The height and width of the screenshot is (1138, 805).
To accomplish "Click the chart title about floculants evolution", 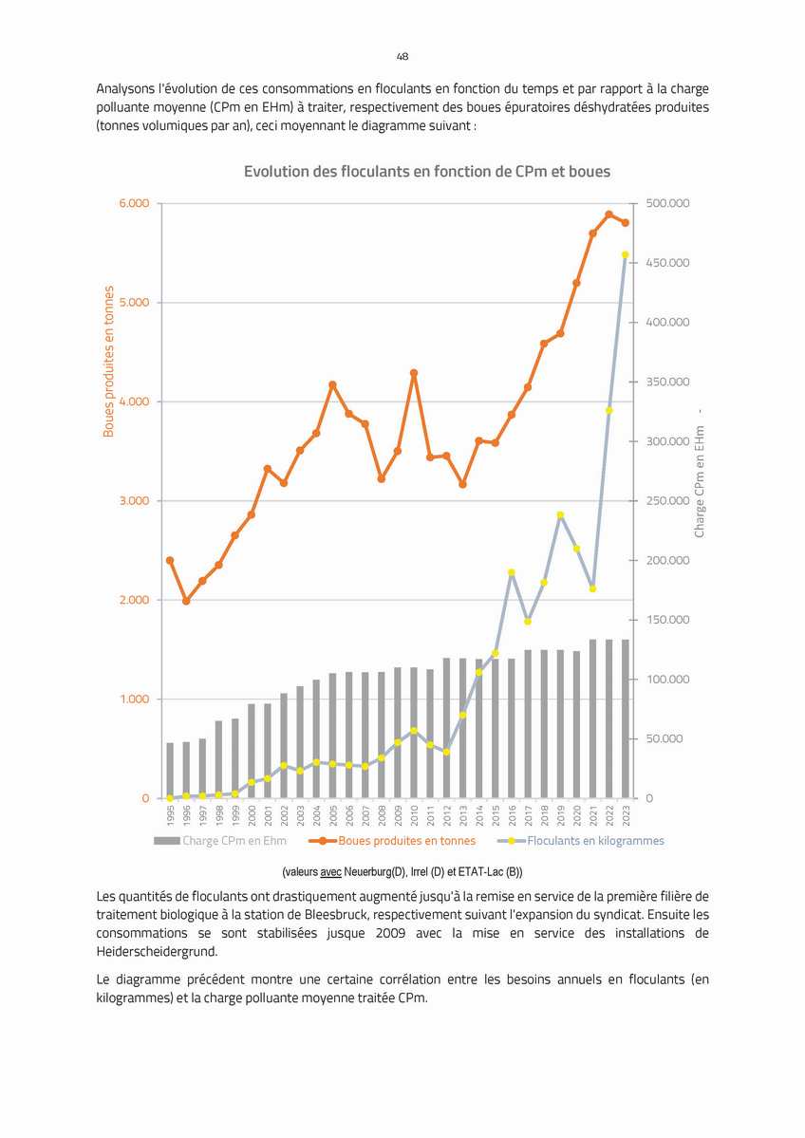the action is click(427, 172).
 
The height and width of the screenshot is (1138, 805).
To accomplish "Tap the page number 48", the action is click(402, 57).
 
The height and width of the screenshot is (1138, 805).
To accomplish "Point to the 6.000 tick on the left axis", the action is click(134, 203).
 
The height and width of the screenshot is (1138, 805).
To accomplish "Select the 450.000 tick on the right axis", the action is click(667, 263).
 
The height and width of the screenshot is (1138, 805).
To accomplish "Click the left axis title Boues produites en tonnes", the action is click(109, 362).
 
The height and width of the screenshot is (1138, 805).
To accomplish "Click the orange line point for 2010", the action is click(414, 373).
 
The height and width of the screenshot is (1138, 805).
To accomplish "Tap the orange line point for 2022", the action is click(609, 215).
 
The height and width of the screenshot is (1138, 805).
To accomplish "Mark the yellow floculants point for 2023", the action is click(625, 254).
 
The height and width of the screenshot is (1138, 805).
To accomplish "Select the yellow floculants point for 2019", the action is click(560, 515).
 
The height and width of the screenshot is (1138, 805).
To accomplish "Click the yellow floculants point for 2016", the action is click(512, 572).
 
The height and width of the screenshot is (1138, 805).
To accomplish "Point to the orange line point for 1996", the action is click(186, 601).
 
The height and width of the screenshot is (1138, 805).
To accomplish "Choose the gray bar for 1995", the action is click(170, 770).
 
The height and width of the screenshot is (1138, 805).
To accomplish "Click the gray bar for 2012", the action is click(446, 728).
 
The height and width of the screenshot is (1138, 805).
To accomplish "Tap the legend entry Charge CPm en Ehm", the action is click(220, 841).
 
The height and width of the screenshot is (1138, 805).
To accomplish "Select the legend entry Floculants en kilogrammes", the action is click(581, 841).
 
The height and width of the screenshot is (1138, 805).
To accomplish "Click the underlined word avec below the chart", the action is click(330, 871).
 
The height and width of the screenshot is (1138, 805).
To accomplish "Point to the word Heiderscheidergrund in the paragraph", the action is click(157, 951).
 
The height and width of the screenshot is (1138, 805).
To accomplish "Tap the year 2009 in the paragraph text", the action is click(390, 933).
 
